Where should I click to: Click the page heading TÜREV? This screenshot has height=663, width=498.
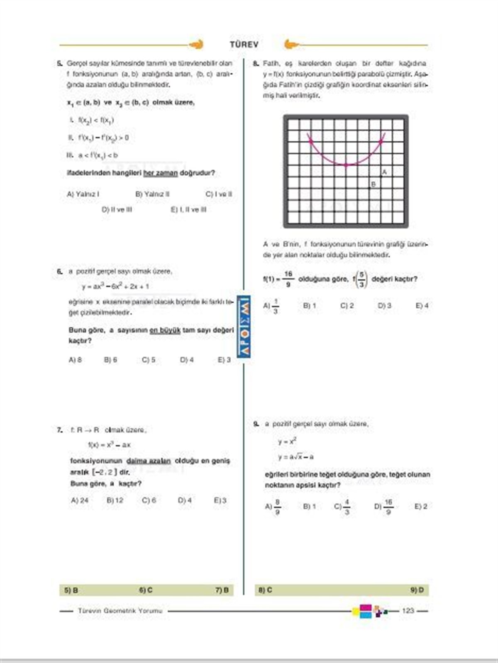pos(244,44)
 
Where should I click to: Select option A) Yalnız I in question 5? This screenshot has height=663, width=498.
pos(83,194)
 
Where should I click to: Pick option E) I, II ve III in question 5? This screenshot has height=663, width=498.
pos(188,209)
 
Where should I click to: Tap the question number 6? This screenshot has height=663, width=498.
pos(60,271)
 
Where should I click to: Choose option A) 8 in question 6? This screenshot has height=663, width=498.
pos(75,360)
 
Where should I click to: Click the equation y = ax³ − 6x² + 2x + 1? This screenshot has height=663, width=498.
pos(116,286)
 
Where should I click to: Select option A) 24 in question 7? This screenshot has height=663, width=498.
pos(80,500)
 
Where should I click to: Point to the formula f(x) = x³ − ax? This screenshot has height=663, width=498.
pos(110,444)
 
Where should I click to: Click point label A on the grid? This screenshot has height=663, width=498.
pos(384,172)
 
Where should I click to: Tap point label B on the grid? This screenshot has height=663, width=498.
pos(373,184)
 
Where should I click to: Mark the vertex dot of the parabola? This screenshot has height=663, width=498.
pos(346,165)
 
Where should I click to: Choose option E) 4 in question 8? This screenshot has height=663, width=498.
pos(422,306)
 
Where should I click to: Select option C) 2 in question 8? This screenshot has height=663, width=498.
pos(347,306)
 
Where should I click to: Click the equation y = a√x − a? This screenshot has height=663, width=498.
pos(296,457)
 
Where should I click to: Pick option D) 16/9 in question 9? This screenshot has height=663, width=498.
pos(383,506)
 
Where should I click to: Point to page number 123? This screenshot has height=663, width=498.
pos(408,611)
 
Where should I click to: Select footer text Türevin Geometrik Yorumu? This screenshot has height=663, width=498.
pos(120,611)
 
